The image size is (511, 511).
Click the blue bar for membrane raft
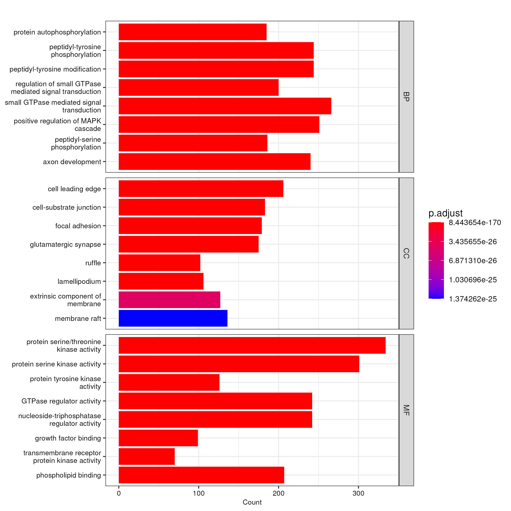[x=173, y=318]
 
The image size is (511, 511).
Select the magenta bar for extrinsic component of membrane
[x=169, y=300]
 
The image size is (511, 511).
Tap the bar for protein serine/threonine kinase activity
[x=252, y=345]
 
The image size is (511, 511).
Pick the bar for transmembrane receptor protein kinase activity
[x=146, y=456]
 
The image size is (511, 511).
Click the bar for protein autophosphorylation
[x=192, y=32]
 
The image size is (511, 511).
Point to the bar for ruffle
[x=159, y=263]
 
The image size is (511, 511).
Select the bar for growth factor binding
[x=158, y=438]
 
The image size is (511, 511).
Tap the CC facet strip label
[x=406, y=253]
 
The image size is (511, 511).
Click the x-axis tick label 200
[x=278, y=493]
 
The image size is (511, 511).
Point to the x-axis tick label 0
[x=119, y=493]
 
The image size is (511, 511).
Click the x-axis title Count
[x=252, y=502]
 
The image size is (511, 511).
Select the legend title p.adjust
[x=445, y=213]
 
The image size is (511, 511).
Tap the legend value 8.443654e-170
[x=475, y=222]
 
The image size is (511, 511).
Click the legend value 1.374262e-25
[x=473, y=299]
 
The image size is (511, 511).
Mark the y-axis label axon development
[x=72, y=162]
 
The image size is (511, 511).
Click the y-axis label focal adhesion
[x=78, y=226]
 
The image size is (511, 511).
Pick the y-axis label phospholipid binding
[x=69, y=475]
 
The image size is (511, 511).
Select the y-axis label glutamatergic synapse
[x=65, y=244]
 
